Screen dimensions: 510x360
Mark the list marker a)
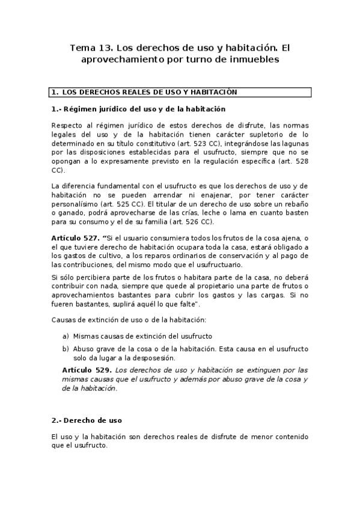coord(66,336)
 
